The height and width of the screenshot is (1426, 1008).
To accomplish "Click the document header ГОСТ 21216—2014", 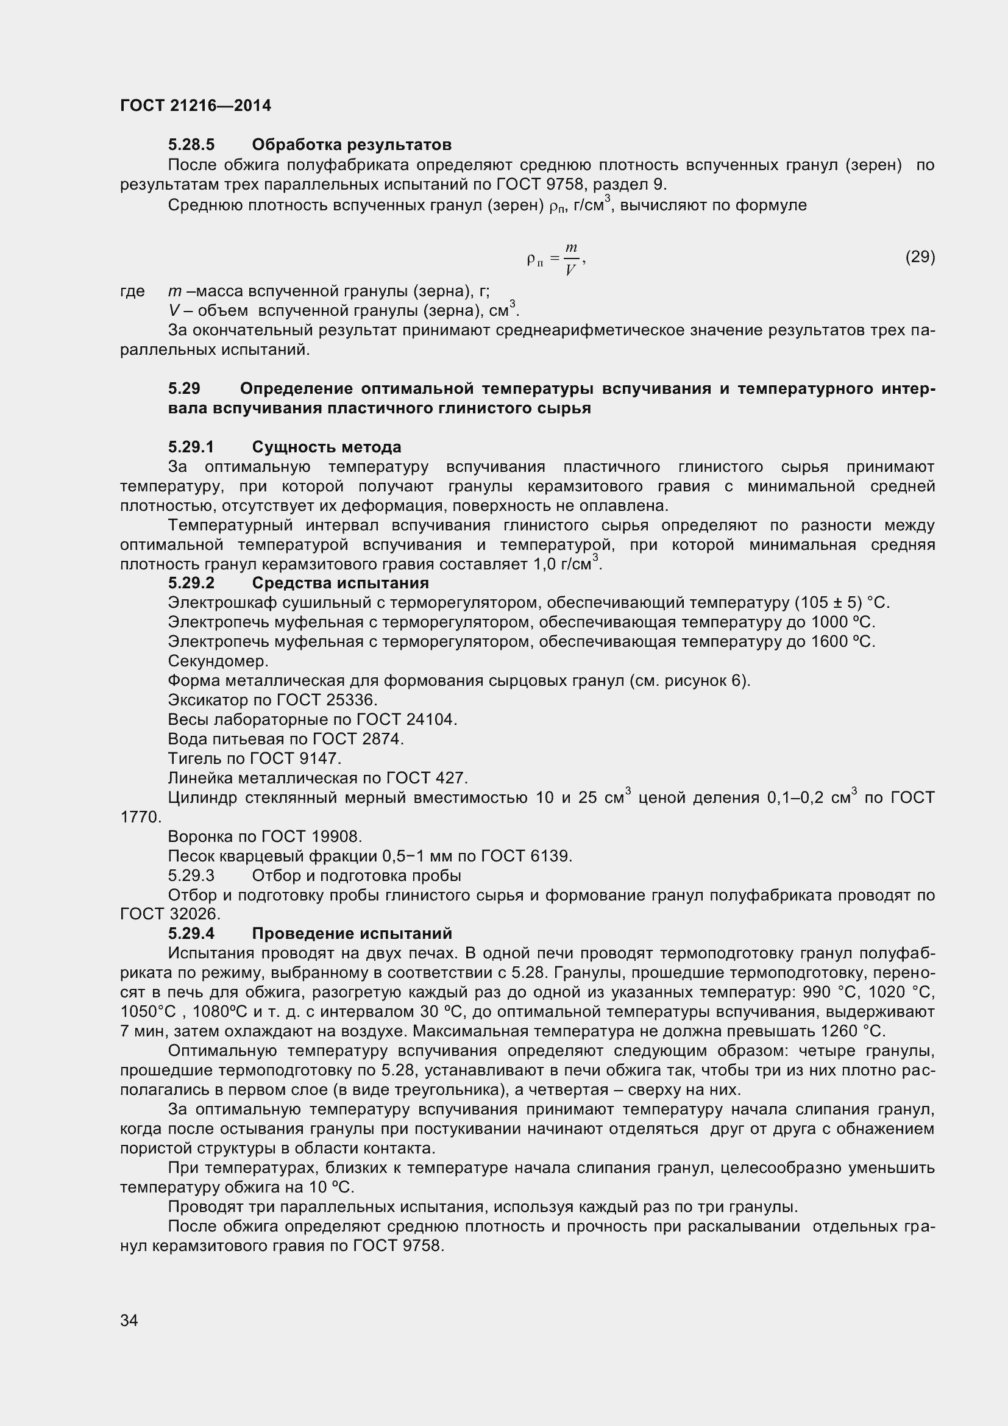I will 196,105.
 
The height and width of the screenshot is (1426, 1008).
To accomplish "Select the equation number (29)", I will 920,257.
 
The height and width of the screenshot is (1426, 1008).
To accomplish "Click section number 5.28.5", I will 191,144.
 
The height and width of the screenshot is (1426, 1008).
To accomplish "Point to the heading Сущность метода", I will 327,447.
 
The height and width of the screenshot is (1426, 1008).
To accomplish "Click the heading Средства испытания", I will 340,583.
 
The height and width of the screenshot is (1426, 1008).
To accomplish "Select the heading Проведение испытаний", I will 352,933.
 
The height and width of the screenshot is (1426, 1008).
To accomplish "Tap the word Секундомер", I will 218,661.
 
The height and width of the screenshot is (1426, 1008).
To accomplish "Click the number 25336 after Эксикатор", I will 353,700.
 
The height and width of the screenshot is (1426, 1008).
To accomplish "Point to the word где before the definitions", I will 132,291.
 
